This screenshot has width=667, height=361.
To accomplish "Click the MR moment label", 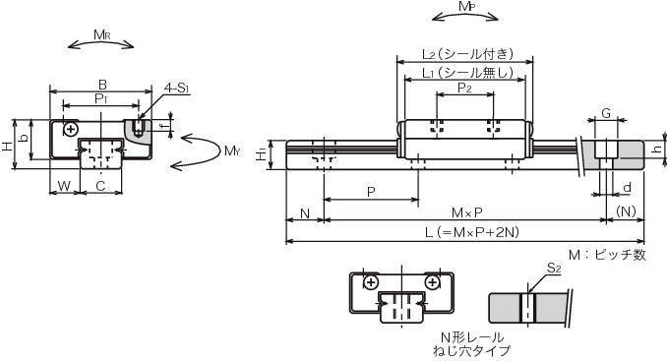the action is coord(102,34).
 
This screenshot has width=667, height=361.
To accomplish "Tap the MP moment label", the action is coord(466,6).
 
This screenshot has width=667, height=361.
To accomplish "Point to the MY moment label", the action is coord(232,150).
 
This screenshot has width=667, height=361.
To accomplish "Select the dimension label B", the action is coord(102,85).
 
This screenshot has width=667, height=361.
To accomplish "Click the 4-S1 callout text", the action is coord(176,89).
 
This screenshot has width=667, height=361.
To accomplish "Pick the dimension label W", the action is coord(64,185).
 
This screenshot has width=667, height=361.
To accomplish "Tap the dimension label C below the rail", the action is coord(100,185).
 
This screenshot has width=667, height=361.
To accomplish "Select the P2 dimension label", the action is coord(464,88).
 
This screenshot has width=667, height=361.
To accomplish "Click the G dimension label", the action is coord(606,113).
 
